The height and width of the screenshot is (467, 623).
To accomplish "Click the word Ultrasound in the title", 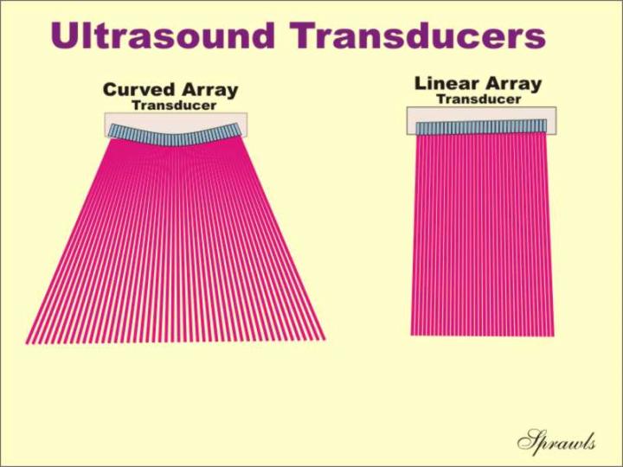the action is (163, 35).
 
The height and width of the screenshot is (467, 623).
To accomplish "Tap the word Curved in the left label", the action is (138, 89).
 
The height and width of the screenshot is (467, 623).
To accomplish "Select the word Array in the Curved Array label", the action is (208, 91).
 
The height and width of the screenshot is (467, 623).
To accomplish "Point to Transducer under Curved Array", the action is (174, 106).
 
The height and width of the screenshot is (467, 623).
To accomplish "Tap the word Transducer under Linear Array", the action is (478, 99).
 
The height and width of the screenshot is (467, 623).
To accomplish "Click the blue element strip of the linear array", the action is (481, 126).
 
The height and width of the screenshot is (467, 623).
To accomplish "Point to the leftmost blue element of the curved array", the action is (112, 131).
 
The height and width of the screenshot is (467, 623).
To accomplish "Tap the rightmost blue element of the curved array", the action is (238, 129).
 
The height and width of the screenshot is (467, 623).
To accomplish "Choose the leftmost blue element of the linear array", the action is (419, 128).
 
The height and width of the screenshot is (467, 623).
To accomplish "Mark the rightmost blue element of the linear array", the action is (544, 125).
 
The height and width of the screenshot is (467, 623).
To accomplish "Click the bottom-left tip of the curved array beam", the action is (26, 344).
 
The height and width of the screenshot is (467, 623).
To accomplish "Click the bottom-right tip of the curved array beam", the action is (325, 340).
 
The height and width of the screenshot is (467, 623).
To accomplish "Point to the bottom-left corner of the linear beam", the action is (411, 336).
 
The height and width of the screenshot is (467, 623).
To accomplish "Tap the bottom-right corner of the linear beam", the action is (554, 336).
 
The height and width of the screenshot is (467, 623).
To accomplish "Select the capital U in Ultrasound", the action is (64, 35).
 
